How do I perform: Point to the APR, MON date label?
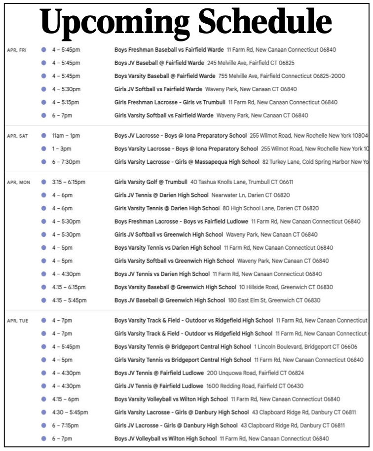(18, 183)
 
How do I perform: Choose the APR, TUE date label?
(17, 321)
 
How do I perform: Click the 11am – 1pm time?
(66, 136)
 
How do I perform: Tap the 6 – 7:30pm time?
(66, 162)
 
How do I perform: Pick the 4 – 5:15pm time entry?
(66, 103)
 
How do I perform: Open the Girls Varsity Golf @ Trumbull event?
(150, 183)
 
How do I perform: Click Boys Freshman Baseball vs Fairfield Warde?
(169, 50)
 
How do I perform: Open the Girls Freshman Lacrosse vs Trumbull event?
(169, 103)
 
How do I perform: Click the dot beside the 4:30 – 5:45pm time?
(44, 412)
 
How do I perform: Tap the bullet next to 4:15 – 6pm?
(44, 399)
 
